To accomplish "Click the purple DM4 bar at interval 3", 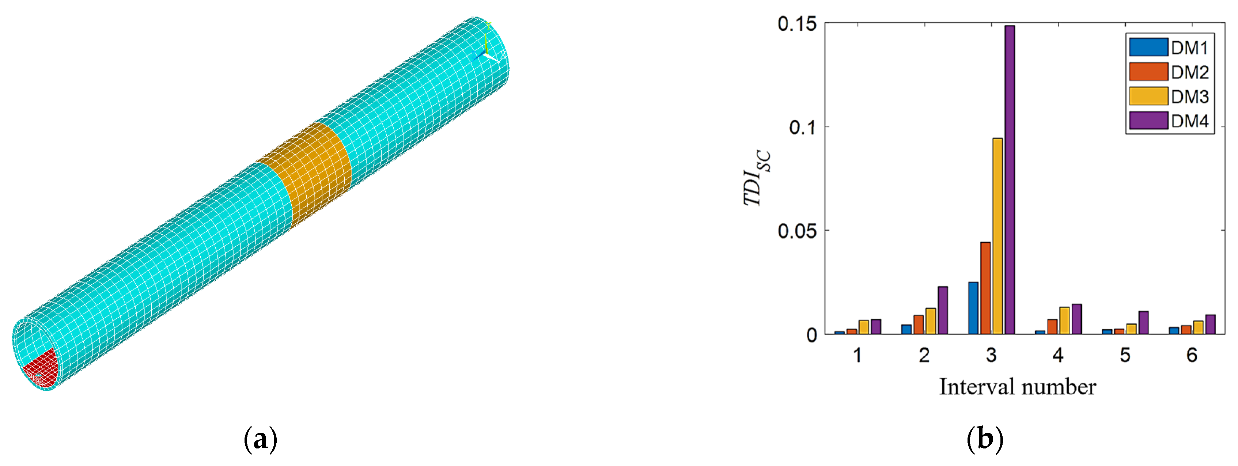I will [x=1009, y=180].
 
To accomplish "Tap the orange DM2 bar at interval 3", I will [x=985, y=288].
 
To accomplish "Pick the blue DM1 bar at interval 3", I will [x=973, y=308].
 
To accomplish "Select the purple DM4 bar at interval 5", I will [x=1143, y=323].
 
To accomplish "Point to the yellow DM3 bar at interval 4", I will [x=1064, y=321].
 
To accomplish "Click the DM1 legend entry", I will [x=1169, y=48].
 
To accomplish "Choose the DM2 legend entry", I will [x=1169, y=72].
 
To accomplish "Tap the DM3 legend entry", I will [x=1169, y=96].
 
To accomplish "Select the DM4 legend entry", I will [x=1169, y=121].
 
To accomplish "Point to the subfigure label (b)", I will [x=985, y=439].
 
